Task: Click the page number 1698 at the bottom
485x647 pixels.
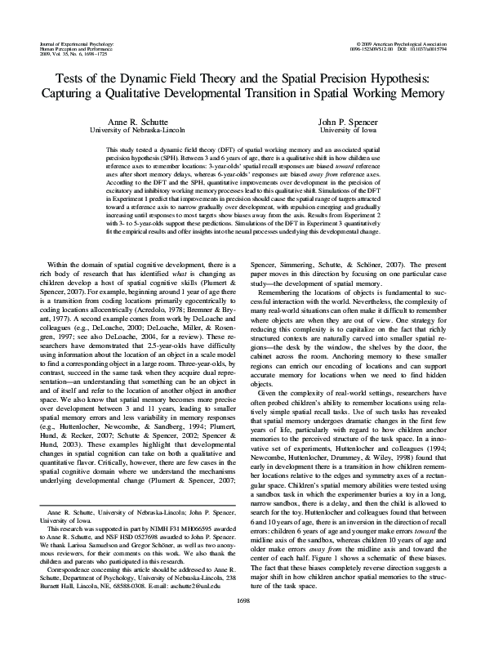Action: [x=242, y=622]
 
